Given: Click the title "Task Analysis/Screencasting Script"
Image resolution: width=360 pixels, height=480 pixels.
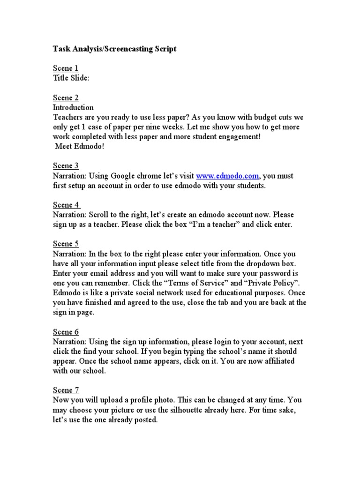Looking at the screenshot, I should click(115, 49).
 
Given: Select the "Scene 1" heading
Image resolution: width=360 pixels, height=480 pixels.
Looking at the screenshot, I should click(66, 68).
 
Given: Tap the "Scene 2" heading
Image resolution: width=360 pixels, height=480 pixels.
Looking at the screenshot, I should click(66, 97).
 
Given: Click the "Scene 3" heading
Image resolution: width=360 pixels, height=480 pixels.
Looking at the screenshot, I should click(66, 165).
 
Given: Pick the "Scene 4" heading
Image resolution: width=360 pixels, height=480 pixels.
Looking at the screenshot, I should click(66, 205).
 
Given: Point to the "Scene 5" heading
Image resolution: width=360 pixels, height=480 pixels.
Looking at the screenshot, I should click(66, 244).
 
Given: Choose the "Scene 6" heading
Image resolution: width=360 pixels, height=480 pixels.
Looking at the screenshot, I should click(66, 332).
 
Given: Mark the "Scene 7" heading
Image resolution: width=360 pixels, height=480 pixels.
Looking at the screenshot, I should click(66, 390).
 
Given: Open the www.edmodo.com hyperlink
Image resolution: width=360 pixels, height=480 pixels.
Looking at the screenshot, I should click(227, 176).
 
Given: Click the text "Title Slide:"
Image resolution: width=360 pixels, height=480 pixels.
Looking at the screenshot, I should click(71, 78).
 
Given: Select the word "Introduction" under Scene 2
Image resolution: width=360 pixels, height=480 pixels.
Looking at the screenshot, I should click(74, 107).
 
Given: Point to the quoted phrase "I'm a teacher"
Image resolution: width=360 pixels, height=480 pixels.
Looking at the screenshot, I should click(214, 225).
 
